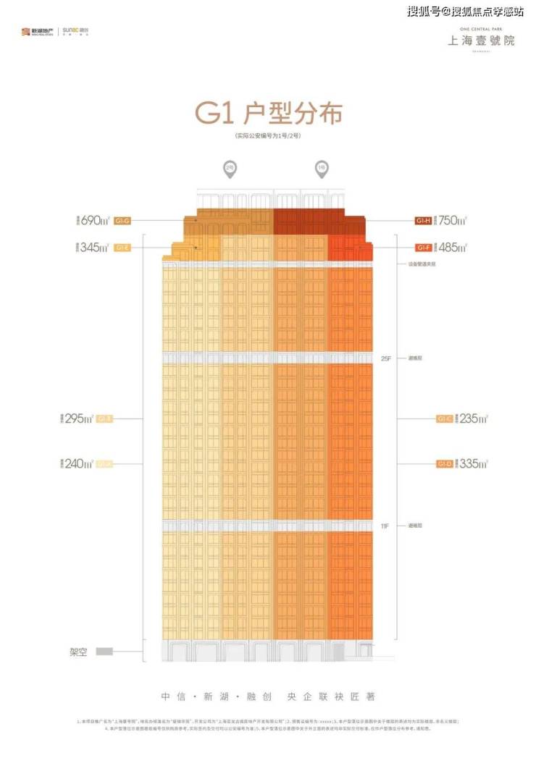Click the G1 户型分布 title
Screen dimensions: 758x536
[x=268, y=114]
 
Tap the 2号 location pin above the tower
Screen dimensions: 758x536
[x=230, y=169]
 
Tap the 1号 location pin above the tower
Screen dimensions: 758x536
[x=321, y=169]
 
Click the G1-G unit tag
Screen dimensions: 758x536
[x=122, y=220]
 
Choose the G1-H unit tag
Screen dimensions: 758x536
[x=423, y=220]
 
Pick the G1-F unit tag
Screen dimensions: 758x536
[x=423, y=248]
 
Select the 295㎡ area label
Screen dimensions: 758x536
[x=79, y=418]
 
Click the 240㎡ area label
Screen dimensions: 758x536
[x=79, y=463]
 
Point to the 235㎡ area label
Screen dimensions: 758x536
[x=472, y=418]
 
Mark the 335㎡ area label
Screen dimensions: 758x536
[x=472, y=463]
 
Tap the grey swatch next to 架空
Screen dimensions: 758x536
[x=104, y=652]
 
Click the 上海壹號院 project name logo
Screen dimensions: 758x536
[x=481, y=40]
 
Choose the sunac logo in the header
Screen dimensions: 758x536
[x=75, y=32]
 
